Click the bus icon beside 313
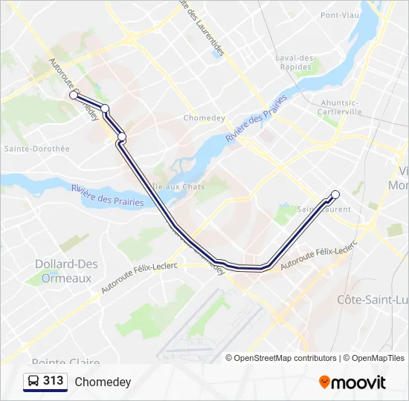(x=33, y=381)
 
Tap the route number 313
(x=54, y=381)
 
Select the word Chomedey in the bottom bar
(x=103, y=382)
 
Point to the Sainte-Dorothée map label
(x=36, y=149)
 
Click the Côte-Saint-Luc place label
(x=373, y=299)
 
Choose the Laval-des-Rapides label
(x=296, y=62)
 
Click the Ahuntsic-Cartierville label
(x=341, y=107)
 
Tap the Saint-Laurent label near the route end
(x=324, y=209)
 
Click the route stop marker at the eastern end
(x=335, y=195)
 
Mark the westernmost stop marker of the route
(x=74, y=95)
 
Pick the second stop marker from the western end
(x=105, y=108)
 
